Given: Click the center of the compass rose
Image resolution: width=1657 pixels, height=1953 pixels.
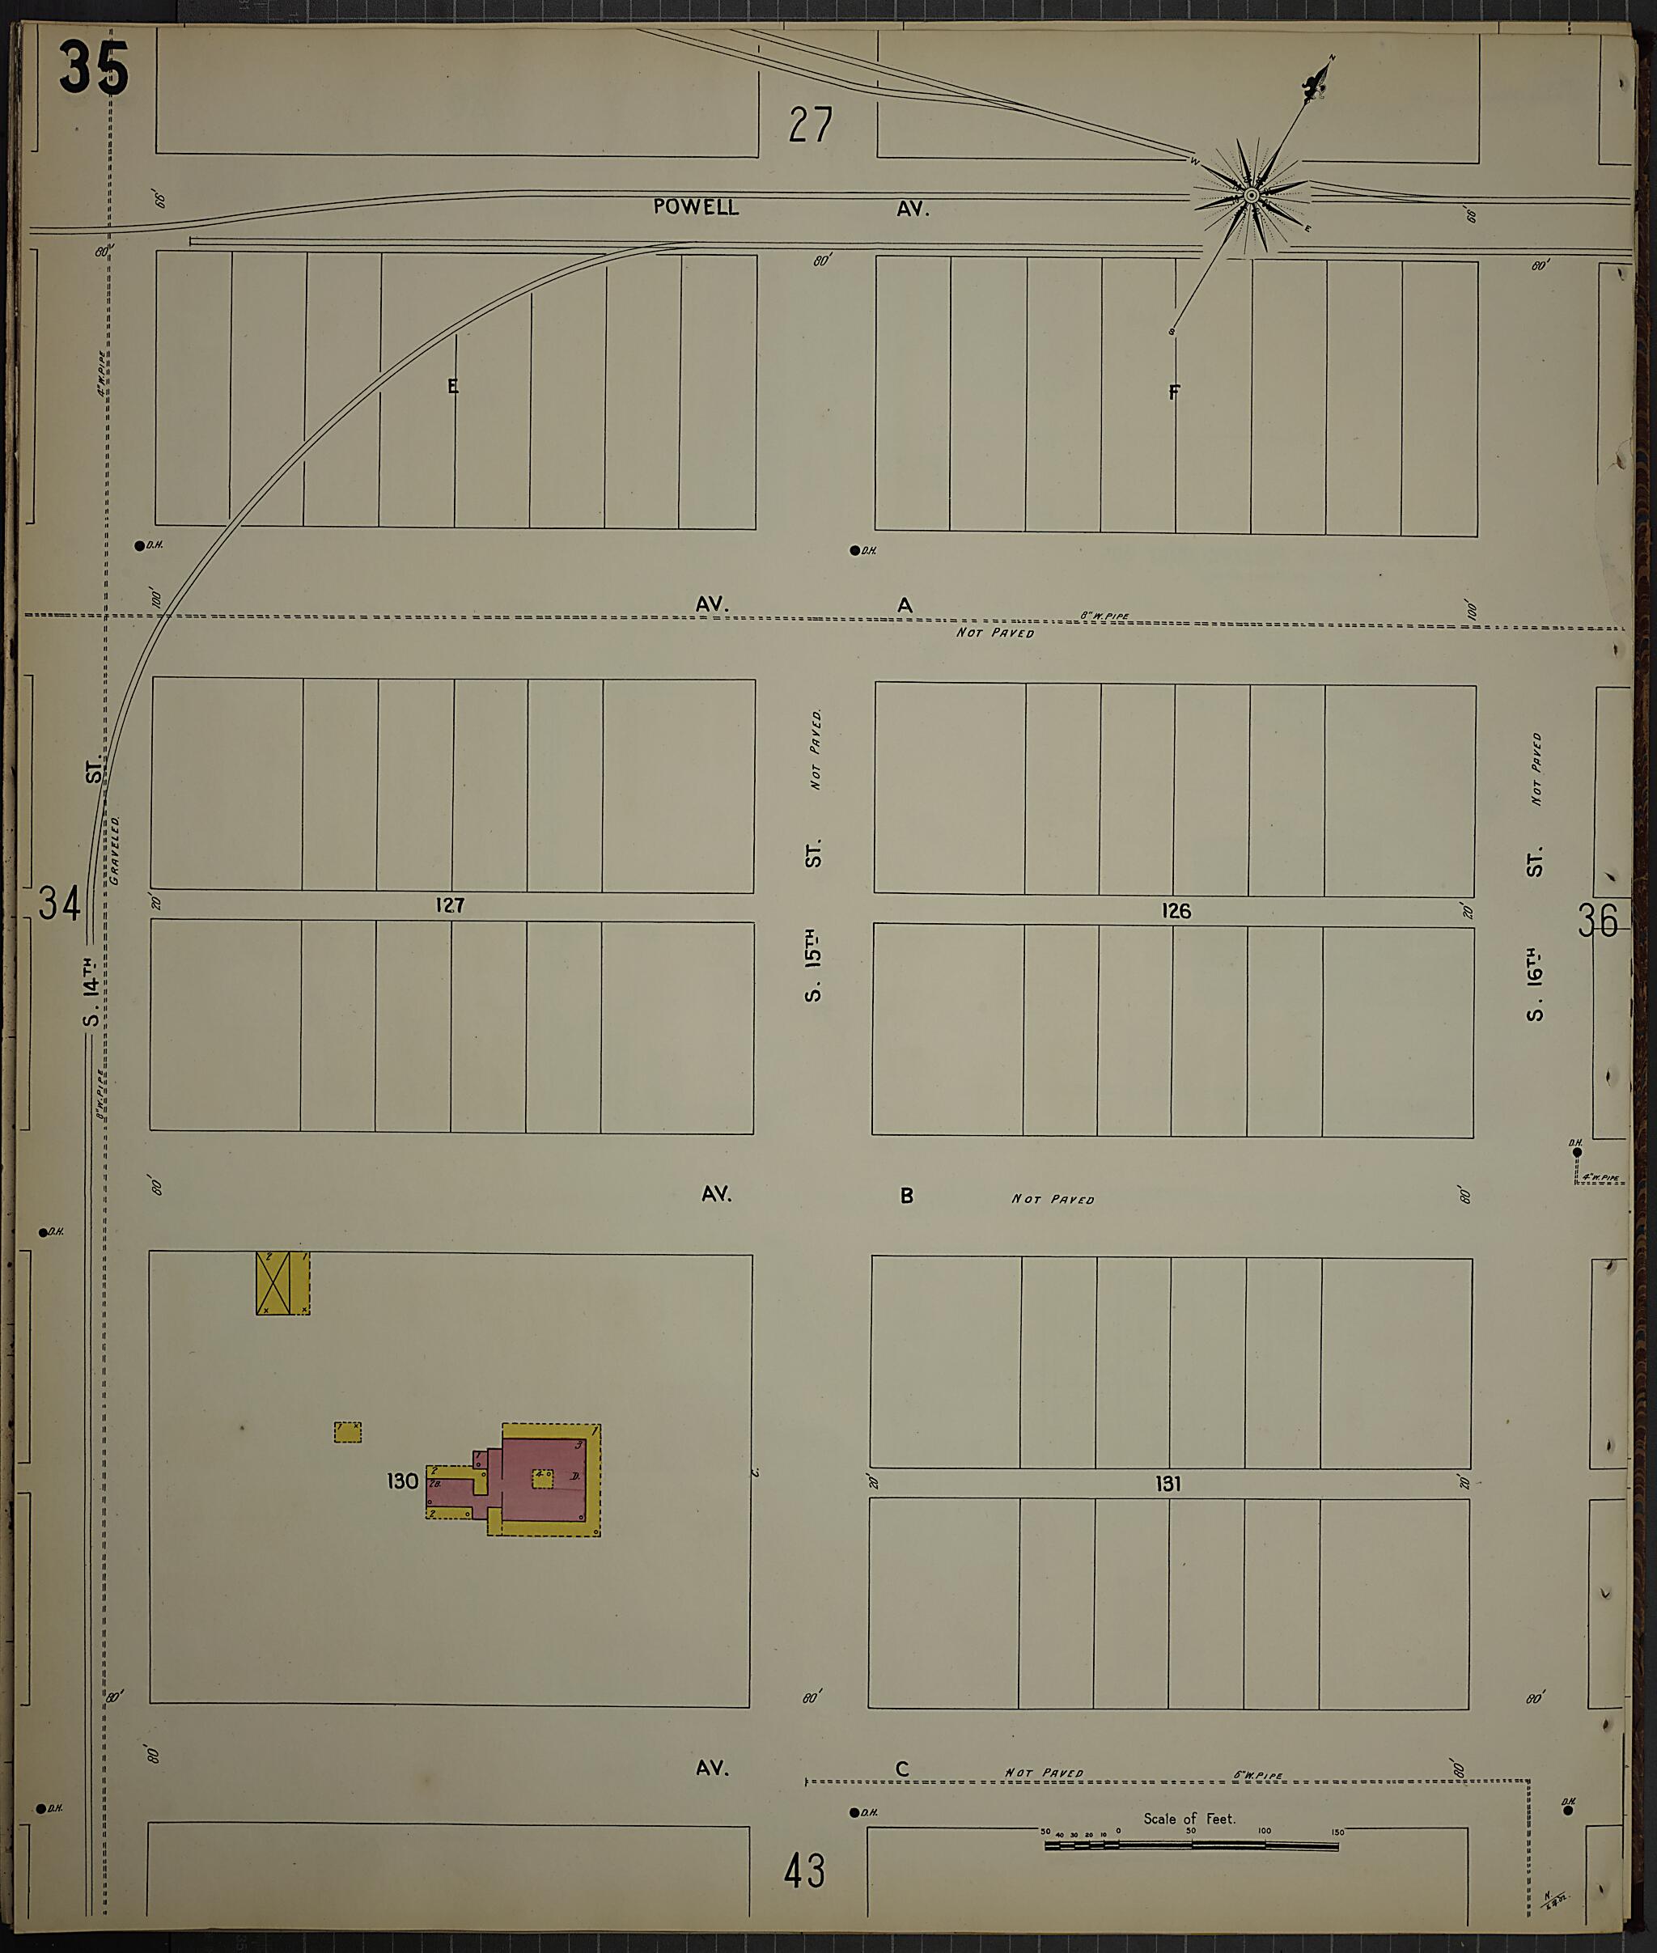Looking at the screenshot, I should pos(1250,196).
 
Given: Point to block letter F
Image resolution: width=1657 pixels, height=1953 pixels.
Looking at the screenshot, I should pos(1173,392).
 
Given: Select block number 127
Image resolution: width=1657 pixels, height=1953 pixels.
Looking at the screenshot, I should pos(450,905).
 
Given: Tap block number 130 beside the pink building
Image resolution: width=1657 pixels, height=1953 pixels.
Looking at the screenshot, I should pos(402,1481).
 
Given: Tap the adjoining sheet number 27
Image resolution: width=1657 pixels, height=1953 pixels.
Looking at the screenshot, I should pos(810,125).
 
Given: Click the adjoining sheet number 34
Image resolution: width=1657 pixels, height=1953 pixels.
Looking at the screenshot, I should pos(59,904).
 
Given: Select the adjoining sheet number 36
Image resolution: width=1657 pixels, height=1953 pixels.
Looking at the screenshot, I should pos(1598,921).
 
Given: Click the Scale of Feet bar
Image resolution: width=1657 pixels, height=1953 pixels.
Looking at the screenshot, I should pos(1191,1846).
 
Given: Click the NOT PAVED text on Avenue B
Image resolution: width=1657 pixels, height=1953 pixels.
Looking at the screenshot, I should pos(1052,1199).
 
